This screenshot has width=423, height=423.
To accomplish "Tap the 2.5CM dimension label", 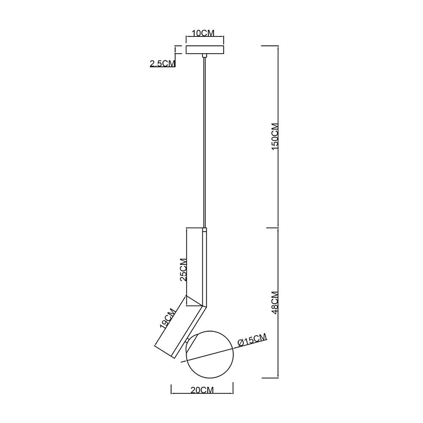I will [x=162, y=64].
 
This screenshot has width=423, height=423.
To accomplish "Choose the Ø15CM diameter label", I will [x=252, y=340].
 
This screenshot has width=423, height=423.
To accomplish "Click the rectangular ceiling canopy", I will [x=205, y=49].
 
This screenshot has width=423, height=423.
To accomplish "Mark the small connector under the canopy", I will [x=205, y=55].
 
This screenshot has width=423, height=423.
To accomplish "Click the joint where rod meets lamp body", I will [x=205, y=231].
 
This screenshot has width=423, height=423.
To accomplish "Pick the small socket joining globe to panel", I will [x=187, y=341].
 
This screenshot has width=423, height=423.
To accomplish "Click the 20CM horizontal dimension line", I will [x=202, y=396].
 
